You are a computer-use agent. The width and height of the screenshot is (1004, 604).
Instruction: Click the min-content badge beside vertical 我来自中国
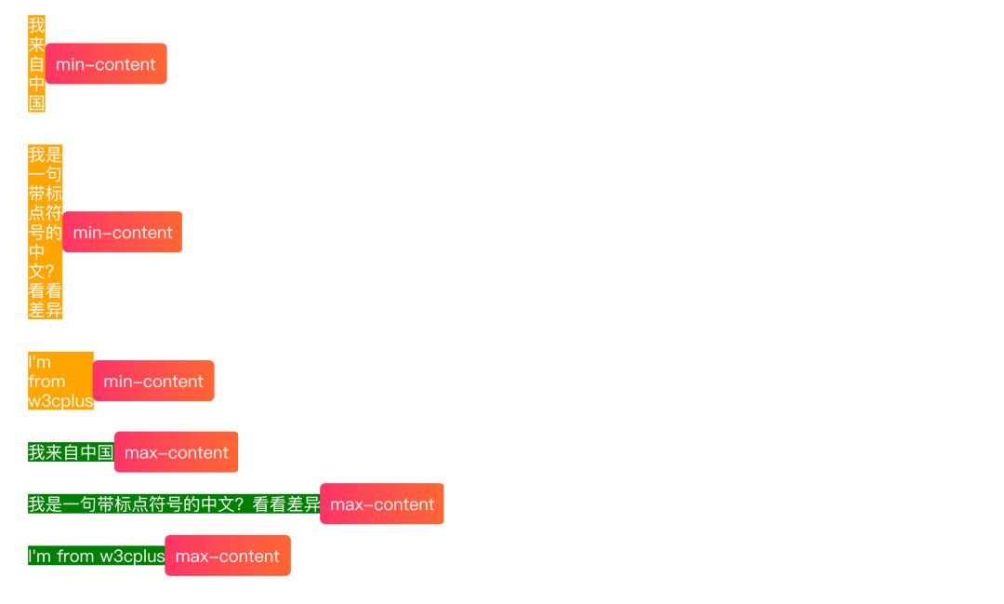pos(106,64)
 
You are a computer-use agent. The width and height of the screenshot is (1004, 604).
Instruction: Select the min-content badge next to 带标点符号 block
pos(123,233)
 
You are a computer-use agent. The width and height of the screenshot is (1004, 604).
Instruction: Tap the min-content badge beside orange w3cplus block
pos(153,382)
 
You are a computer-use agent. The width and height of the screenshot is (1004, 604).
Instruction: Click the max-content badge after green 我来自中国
pos(177,452)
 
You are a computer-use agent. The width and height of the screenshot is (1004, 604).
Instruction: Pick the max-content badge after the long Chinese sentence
pos(382,504)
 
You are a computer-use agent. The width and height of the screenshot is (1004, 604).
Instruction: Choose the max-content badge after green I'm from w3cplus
pos(228,557)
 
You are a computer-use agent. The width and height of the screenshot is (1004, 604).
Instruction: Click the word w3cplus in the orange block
pos(60,401)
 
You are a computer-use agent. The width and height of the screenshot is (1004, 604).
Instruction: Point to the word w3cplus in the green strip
pos(132,557)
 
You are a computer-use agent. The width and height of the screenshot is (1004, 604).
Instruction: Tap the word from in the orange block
pos(46,382)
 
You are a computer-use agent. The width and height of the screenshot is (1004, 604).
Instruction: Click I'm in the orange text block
pos(39,362)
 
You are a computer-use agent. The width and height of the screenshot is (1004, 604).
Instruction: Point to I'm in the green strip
pos(39,557)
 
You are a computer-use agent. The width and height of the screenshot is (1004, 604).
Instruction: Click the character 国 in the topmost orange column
pos(36,103)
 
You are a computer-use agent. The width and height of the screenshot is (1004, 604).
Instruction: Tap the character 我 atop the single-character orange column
pos(36,25)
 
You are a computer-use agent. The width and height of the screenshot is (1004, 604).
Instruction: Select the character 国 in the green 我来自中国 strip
pos(105,453)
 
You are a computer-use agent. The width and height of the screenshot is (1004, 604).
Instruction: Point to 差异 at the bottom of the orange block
pos(45,311)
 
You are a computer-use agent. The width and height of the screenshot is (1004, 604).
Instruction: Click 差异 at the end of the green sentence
pos(302,504)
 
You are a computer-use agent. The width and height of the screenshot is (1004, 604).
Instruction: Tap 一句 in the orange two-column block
pos(45,174)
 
